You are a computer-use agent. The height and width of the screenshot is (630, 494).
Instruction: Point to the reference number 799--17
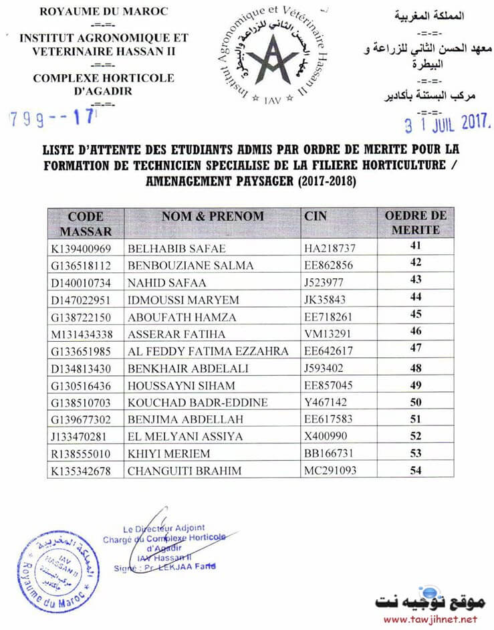pos(53,119)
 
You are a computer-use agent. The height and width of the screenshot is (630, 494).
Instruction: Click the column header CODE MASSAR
pos(86,223)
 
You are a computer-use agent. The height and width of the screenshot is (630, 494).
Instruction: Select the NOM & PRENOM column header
pos(213,217)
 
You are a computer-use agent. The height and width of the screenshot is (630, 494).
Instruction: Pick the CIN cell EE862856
pos(329,266)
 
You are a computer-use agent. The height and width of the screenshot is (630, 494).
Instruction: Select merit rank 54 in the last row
pos(416,471)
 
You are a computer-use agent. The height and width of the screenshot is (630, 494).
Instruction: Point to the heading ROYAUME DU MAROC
pos(104,12)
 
